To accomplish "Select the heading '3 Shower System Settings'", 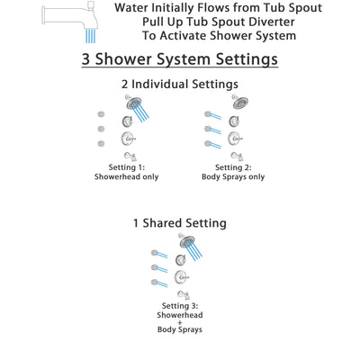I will point(180,60).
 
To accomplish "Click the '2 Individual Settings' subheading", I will point(180,84).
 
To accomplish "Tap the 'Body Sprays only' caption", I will point(232,178).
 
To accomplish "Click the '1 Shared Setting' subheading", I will point(180,222).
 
